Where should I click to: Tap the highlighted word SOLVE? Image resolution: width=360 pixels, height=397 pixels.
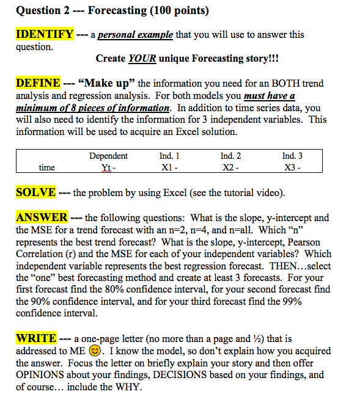click(x=35, y=193)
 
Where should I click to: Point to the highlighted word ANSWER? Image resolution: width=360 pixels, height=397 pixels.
click(x=42, y=217)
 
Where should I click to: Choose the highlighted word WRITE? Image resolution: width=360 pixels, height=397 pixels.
click(x=36, y=338)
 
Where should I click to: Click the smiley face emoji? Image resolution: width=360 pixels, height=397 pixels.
click(x=93, y=351)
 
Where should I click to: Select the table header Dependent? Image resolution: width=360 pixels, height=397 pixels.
click(x=108, y=156)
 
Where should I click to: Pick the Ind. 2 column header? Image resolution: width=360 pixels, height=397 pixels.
click(x=230, y=156)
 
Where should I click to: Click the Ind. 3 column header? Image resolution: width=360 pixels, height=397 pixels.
click(x=292, y=156)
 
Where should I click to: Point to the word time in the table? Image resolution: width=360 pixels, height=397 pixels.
click(x=46, y=167)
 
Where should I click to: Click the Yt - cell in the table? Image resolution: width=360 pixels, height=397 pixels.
click(x=108, y=167)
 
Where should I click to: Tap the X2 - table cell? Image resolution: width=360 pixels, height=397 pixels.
click(x=230, y=167)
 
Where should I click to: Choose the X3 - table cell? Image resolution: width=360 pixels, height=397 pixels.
click(x=292, y=167)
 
